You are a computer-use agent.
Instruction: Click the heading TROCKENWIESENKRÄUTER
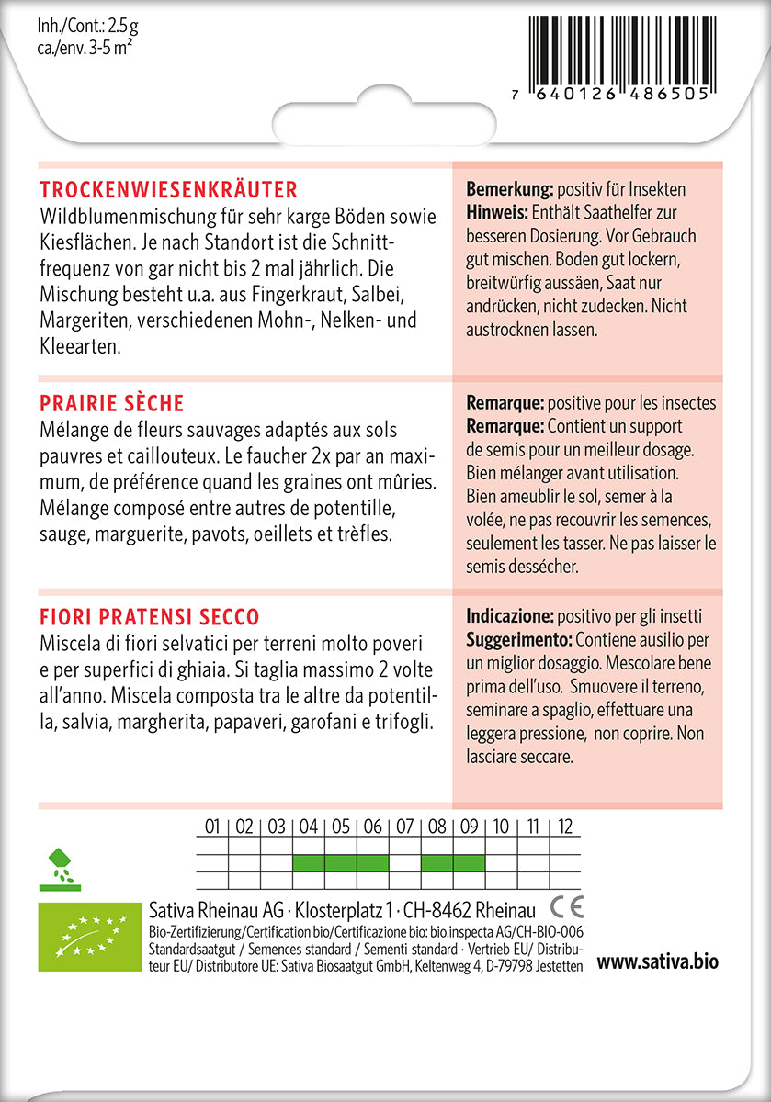[x=169, y=190]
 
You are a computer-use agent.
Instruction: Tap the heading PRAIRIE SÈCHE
[x=112, y=404]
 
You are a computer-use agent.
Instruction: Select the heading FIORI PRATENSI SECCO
[x=150, y=617]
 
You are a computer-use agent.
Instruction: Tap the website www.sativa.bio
[x=657, y=962]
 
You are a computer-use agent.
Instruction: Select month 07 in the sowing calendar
[x=404, y=827]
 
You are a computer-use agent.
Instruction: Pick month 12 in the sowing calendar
[x=565, y=827]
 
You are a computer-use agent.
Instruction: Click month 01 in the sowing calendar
[x=212, y=827]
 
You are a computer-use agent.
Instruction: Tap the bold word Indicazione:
[x=510, y=616]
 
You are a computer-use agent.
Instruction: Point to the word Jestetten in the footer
[x=553, y=968]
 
